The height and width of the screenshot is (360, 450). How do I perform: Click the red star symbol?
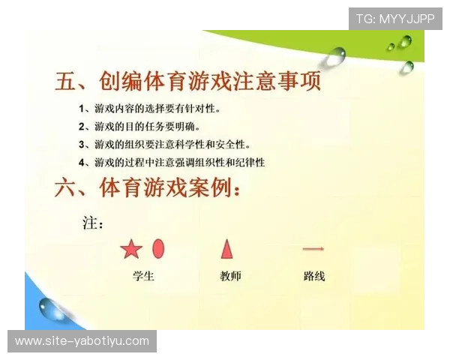click(131, 249)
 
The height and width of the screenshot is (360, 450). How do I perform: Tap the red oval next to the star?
click(158, 247)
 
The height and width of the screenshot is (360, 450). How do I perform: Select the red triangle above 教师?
click(226, 248)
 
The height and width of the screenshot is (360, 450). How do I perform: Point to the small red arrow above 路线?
click(313, 248)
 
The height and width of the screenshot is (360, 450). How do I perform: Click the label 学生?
click(142, 276)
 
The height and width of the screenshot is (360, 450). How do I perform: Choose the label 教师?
click(230, 276)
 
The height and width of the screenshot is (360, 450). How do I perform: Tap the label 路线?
click(314, 276)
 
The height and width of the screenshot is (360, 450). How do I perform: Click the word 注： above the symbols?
click(93, 223)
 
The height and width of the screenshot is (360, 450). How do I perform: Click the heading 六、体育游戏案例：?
click(147, 188)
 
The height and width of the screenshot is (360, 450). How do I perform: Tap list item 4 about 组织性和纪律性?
click(171, 162)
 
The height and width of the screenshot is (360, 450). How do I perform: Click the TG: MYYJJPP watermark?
click(395, 19)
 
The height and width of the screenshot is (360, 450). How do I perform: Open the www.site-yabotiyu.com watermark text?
click(82, 341)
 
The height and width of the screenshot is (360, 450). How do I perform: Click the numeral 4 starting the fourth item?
click(82, 162)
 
